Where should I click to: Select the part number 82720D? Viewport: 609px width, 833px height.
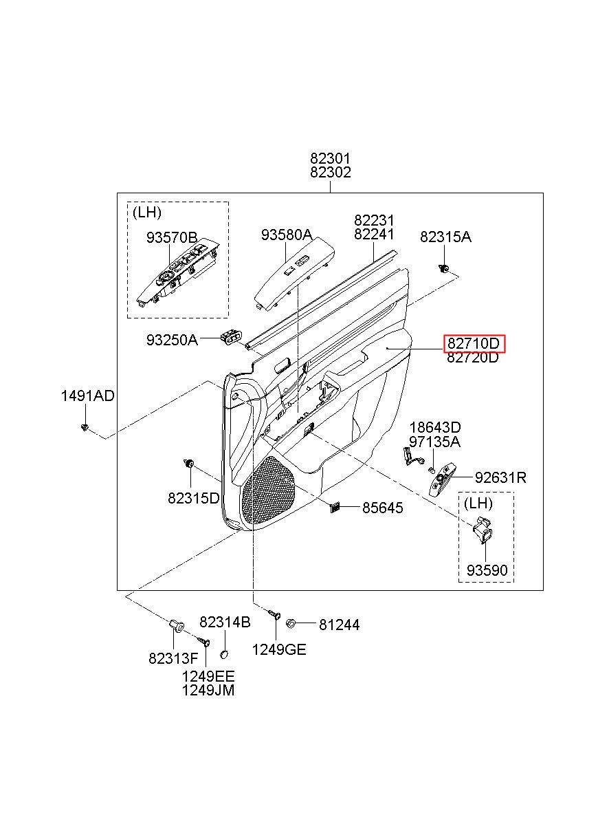pyautogui.click(x=474, y=358)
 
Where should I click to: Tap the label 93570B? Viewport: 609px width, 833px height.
pyautogui.click(x=172, y=238)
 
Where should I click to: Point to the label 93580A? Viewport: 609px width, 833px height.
pyautogui.click(x=287, y=235)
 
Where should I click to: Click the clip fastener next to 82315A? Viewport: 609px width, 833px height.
pyautogui.click(x=445, y=268)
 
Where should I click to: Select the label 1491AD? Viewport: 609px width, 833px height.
pyautogui.click(x=88, y=396)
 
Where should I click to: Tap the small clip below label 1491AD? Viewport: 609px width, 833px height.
pyautogui.click(x=85, y=428)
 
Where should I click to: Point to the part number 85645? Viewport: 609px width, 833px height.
pyautogui.click(x=383, y=508)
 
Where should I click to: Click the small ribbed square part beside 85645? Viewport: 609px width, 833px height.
pyautogui.click(x=335, y=507)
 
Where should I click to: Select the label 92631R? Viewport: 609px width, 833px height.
pyautogui.click(x=500, y=477)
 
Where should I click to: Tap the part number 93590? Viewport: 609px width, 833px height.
pyautogui.click(x=487, y=571)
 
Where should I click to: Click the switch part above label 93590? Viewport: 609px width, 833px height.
pyautogui.click(x=482, y=530)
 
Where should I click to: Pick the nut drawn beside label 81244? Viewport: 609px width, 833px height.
pyautogui.click(x=289, y=623)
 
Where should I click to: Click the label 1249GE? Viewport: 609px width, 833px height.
pyautogui.click(x=279, y=649)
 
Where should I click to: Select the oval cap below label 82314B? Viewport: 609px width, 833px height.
pyautogui.click(x=224, y=654)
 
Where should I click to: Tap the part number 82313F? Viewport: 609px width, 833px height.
pyautogui.click(x=173, y=658)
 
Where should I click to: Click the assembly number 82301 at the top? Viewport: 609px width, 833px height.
pyautogui.click(x=330, y=159)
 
